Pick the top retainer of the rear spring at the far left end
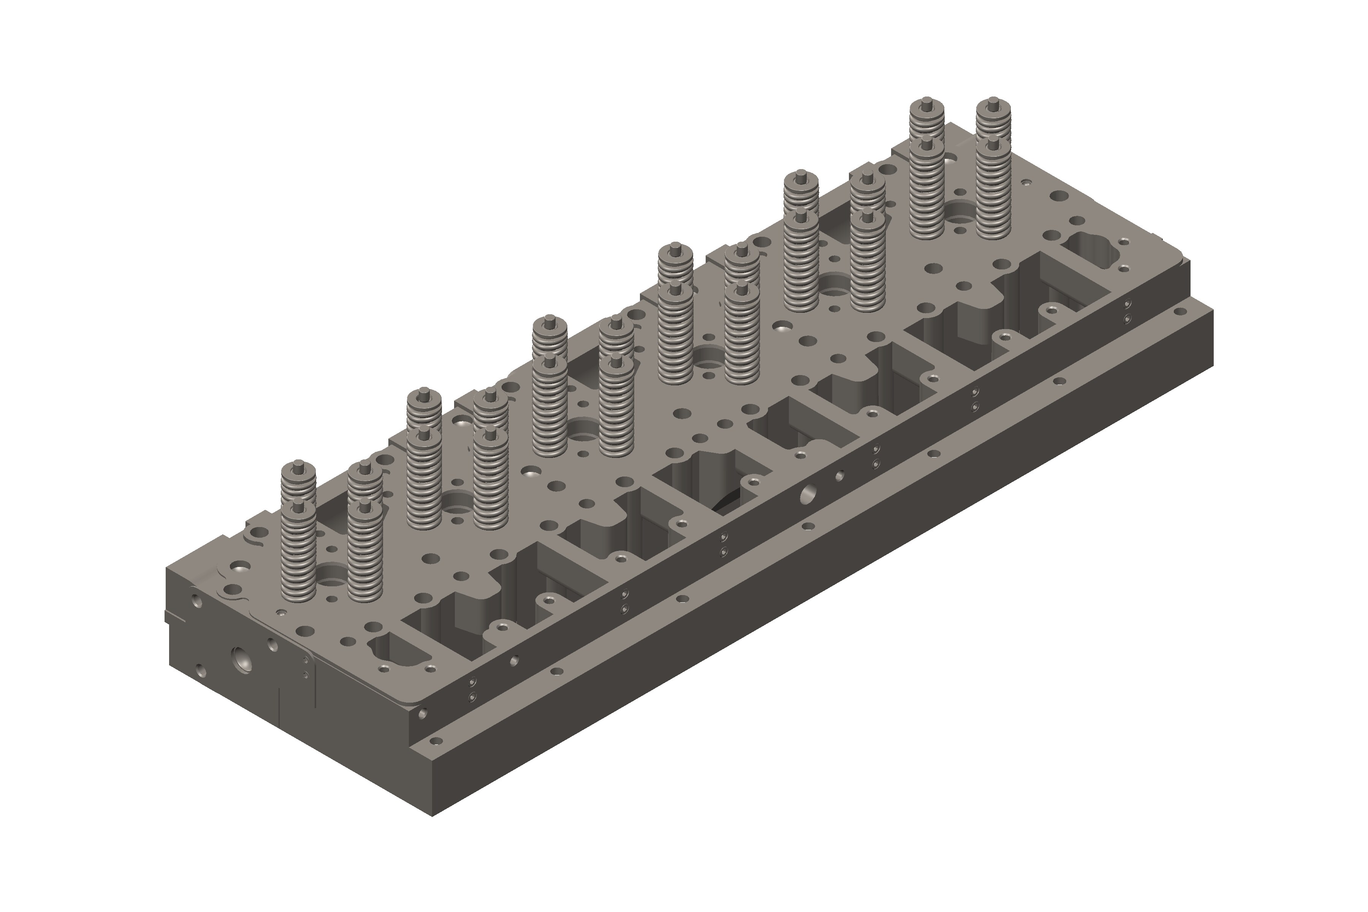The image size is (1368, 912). (x=298, y=467)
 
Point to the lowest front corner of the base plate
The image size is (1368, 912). (x=432, y=816)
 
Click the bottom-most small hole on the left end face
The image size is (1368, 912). (x=201, y=672)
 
